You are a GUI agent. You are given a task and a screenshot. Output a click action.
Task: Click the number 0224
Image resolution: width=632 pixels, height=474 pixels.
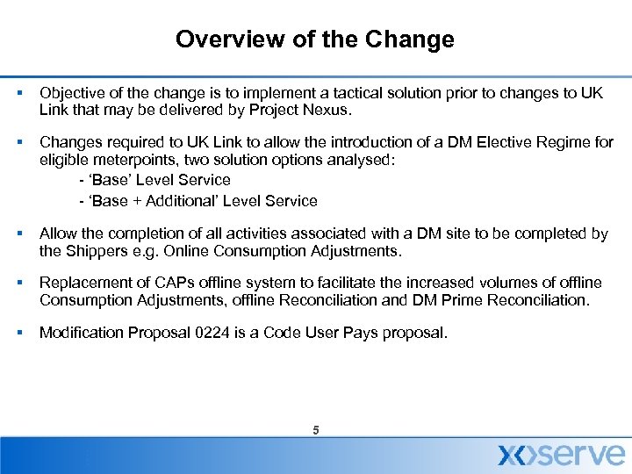pyautogui.click(x=238, y=333)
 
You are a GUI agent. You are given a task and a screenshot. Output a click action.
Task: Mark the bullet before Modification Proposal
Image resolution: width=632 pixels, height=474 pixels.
pyautogui.click(x=18, y=333)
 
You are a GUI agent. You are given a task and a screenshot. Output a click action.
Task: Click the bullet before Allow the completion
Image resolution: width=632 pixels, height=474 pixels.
pyautogui.click(x=18, y=234)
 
